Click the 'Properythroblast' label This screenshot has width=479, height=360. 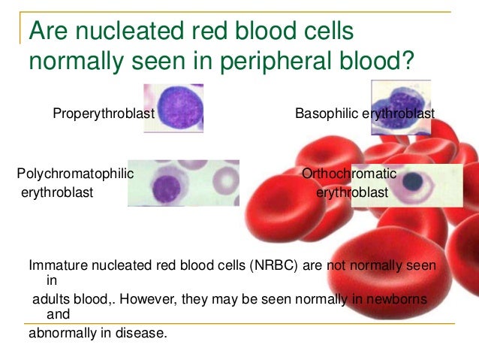(103, 113)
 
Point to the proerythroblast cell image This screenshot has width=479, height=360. (174, 107)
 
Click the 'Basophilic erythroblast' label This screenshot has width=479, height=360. (365, 113)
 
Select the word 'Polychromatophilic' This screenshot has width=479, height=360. (75, 174)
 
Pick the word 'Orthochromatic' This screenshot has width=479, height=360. (348, 174)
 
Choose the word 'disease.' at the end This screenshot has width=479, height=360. (144, 331)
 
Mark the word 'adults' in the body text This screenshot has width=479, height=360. (50, 299)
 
